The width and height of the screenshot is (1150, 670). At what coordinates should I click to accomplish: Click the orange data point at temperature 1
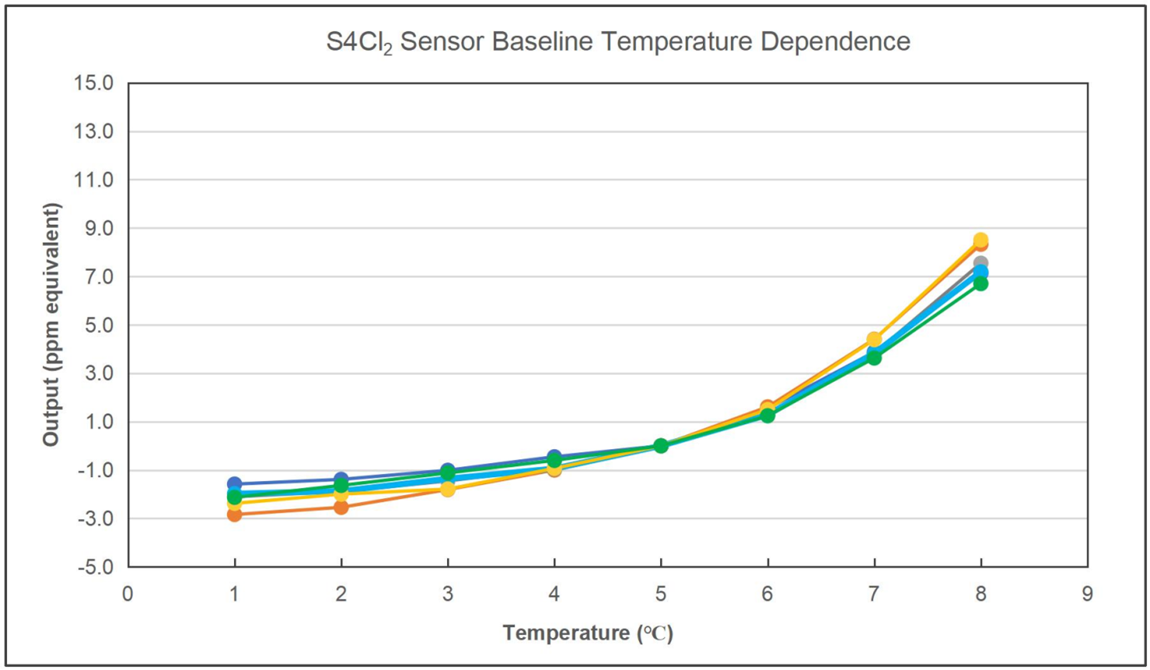point(234,514)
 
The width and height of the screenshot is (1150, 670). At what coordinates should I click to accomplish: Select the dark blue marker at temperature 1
point(234,483)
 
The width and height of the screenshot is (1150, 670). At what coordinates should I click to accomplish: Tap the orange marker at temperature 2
point(341,507)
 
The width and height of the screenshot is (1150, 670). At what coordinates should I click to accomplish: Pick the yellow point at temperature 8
point(980,240)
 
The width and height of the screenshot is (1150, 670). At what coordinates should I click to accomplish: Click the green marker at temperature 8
point(980,283)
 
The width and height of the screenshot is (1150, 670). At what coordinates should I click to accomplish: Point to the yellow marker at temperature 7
point(874,339)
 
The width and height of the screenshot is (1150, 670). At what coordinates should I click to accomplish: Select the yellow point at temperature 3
point(447,489)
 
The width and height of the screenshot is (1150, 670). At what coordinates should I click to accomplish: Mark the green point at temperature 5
point(660,446)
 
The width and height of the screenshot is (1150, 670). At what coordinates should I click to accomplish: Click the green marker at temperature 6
point(767,416)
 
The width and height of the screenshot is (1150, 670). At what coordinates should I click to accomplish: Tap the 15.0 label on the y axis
point(93,83)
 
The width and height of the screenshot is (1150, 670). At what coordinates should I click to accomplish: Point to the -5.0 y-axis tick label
point(95,567)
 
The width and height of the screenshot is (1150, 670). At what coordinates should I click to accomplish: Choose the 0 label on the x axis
point(128,595)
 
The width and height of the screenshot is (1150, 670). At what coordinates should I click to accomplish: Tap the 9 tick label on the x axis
point(1087,595)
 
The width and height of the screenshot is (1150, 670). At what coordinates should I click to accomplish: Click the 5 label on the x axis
point(660,595)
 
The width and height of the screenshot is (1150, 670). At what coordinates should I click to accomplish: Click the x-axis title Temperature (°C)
point(588,633)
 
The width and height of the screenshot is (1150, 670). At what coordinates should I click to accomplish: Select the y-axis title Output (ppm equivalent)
point(51,324)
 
